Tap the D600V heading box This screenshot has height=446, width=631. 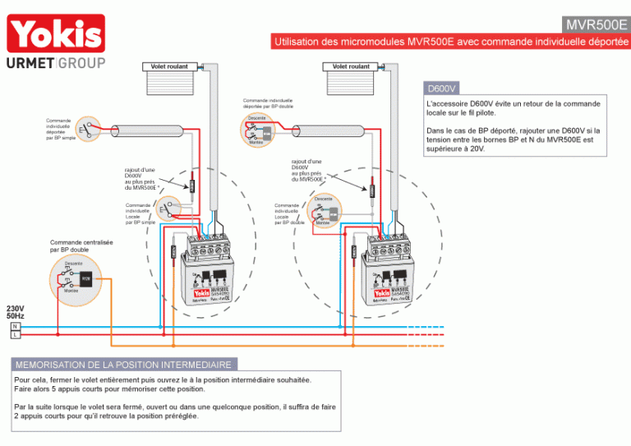click(442, 88)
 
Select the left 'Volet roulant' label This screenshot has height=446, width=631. click(169, 67)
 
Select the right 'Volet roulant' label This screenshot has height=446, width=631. click(351, 67)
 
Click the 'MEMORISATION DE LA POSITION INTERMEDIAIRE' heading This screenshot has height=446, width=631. click(123, 364)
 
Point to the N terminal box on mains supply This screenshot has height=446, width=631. click(15, 326)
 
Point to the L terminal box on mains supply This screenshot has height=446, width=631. click(15, 335)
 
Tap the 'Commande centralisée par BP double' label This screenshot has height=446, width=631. click(81, 246)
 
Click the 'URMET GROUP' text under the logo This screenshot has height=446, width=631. click(56, 63)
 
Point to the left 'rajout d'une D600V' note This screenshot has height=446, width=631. click(141, 179)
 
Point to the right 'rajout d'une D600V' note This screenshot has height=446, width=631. click(308, 170)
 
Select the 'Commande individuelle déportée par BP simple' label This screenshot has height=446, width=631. click(60, 129)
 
